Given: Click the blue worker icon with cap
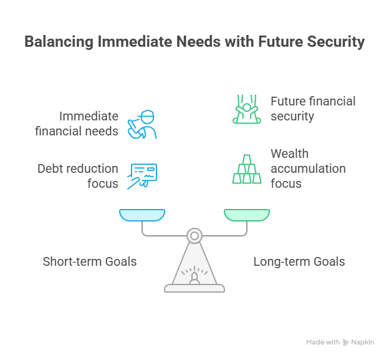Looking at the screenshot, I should point(142,125).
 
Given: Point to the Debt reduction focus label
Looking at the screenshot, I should point(78,176).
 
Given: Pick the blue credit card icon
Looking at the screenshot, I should point(142,175).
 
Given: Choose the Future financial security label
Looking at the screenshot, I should point(312,109).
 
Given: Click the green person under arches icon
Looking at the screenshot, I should point(246,109).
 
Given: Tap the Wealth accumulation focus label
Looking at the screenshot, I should point(307,168).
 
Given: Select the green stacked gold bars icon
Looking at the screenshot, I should point(246,168).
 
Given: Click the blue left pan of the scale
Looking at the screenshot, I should point(142,215).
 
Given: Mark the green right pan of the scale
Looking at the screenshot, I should point(247,215).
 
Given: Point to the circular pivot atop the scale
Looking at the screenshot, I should point(194,236).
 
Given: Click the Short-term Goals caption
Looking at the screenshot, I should point(89,261).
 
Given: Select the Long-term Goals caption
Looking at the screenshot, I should point(299,261).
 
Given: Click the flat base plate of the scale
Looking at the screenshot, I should point(194,288).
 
